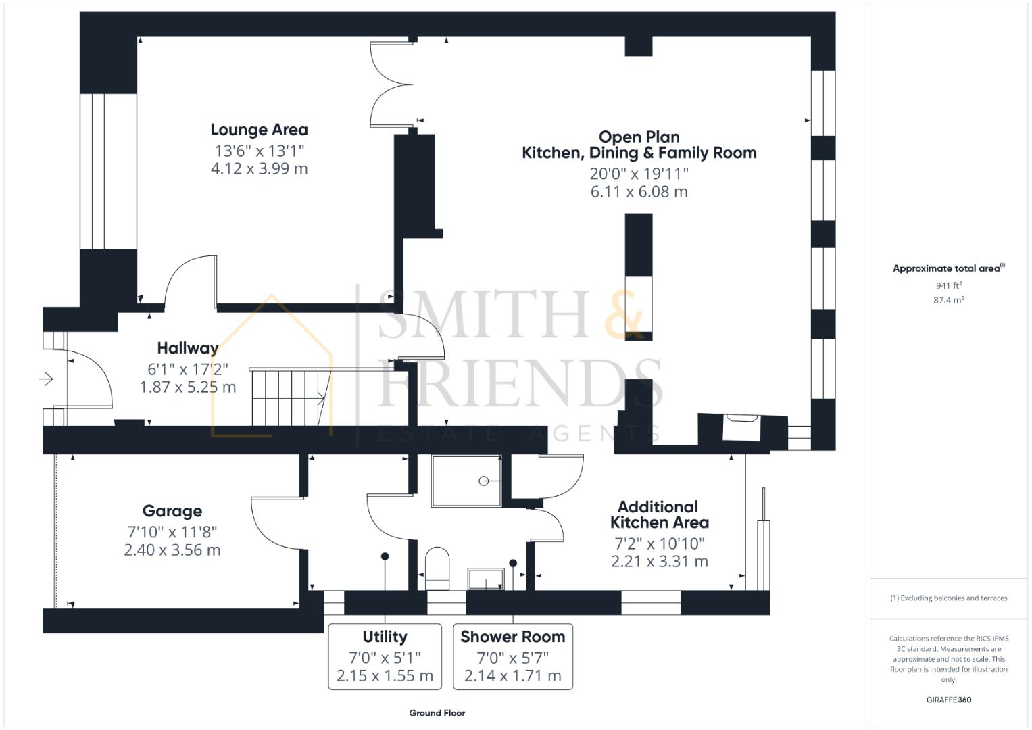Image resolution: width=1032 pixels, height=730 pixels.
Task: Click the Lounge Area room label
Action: point(259,130)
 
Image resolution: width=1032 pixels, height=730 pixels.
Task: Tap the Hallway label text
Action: point(188,348)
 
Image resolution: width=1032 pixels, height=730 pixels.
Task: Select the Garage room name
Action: point(172,511)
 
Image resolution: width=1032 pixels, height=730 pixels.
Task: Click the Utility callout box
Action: point(385,656)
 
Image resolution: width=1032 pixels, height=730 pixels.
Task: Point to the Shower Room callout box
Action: point(512,656)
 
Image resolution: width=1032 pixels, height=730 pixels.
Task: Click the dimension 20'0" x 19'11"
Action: point(639,174)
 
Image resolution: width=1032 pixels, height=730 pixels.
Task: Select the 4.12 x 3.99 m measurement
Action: point(259,168)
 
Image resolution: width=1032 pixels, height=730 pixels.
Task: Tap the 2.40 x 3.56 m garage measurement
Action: point(172,550)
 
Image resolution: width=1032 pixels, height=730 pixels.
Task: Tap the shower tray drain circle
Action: point(484,481)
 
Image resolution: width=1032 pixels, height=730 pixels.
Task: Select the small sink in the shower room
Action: point(486,579)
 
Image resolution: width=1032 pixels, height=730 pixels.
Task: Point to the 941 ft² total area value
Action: point(948,286)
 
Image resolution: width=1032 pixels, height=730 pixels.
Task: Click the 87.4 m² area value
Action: point(948,300)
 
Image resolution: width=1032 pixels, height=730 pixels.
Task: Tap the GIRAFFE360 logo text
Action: point(948,700)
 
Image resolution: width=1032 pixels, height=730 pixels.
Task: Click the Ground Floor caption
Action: point(437,713)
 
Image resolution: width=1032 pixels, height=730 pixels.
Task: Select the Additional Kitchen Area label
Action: point(659,514)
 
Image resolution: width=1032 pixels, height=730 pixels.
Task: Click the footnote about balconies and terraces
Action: point(948,598)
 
